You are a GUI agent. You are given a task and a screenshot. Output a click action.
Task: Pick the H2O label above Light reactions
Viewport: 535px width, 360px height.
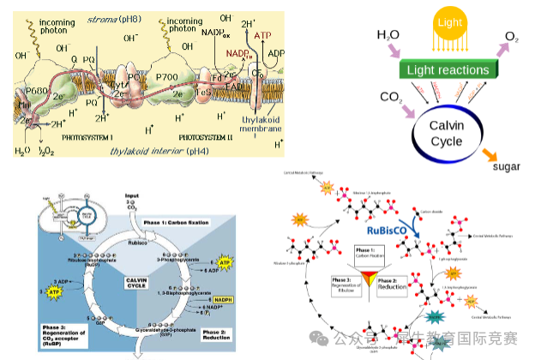tap(388, 35)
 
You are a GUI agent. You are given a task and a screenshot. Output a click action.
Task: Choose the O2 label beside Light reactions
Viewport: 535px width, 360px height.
tap(511, 36)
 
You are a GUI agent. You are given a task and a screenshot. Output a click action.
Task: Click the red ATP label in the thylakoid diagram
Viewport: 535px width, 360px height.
tap(264, 36)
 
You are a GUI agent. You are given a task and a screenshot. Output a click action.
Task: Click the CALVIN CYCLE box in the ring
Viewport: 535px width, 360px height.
tap(140, 283)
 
